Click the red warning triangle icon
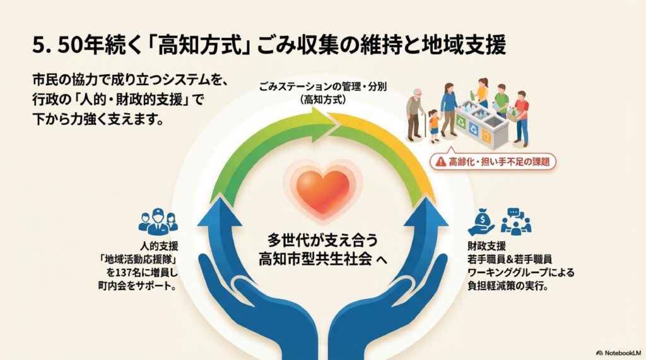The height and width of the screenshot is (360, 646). coord(440,161)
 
